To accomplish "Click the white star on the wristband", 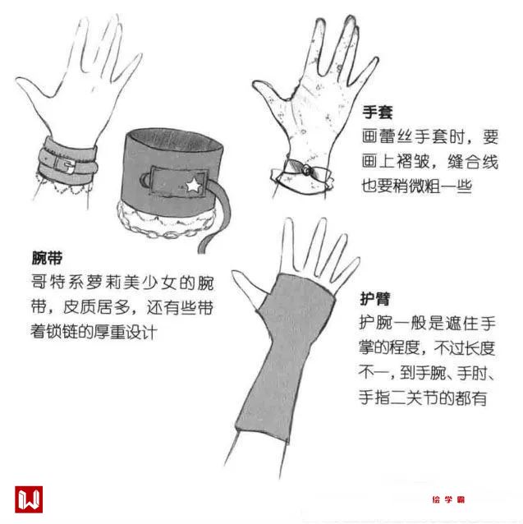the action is pos(193,185).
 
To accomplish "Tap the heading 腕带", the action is pos(47,258).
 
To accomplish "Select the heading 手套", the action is pos(378,112).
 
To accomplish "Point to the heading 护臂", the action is pos(374,298).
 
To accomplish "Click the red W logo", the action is pos(29,499).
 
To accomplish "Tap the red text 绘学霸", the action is pos(448,499).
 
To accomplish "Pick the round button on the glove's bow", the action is pos(306,171).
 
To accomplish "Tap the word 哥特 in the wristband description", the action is pos(49,283).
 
